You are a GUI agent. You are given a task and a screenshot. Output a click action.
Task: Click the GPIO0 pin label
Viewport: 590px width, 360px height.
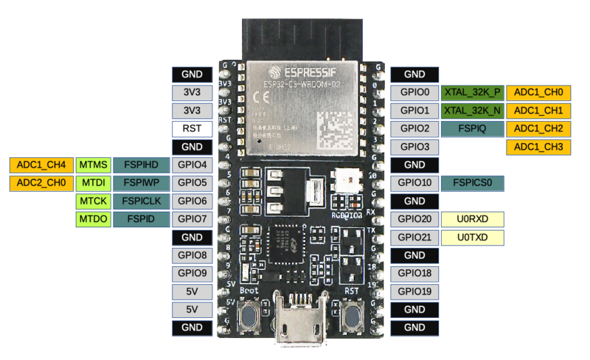(x=414, y=93)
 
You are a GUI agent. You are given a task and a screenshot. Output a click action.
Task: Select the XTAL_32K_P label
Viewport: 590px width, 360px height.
(x=472, y=93)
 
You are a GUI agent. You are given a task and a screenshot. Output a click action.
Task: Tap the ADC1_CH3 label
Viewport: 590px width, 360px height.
(x=538, y=147)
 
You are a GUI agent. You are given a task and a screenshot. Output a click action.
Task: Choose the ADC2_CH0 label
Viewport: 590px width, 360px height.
(x=41, y=182)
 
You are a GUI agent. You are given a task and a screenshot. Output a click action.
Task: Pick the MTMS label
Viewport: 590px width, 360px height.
(x=93, y=165)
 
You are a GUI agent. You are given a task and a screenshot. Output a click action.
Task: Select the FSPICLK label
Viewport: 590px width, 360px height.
(x=141, y=201)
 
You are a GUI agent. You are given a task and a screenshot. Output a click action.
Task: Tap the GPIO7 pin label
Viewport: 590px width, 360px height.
(x=192, y=219)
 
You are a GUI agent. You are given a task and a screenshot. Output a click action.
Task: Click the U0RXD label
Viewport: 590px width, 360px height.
(x=473, y=219)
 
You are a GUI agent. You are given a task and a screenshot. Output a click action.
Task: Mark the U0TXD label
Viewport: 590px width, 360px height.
(x=473, y=238)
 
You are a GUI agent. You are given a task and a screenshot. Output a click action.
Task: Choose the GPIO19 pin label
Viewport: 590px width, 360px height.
(x=414, y=291)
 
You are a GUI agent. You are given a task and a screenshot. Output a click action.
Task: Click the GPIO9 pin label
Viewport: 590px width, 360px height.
(x=192, y=273)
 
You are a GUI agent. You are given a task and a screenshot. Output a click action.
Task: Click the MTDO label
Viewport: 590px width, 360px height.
(x=93, y=219)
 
